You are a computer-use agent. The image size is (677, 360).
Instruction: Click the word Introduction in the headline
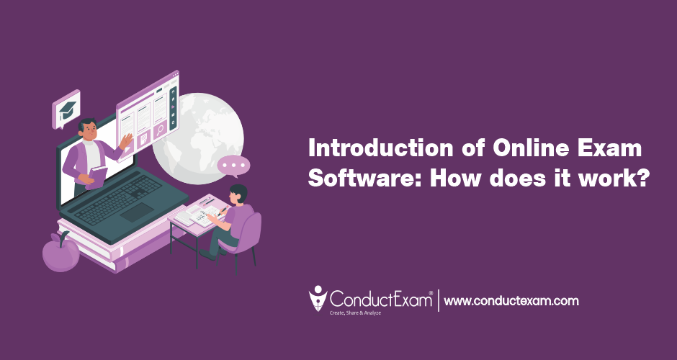(x=380, y=149)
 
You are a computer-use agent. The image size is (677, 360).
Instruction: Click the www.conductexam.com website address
(x=511, y=301)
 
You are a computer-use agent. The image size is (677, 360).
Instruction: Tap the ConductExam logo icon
(x=318, y=298)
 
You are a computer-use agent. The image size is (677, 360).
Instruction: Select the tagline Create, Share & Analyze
(x=355, y=312)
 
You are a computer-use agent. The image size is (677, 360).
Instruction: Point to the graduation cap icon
(x=67, y=110)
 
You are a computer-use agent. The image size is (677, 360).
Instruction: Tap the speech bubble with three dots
(x=233, y=166)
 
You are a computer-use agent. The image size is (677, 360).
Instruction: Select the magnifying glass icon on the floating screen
(x=160, y=129)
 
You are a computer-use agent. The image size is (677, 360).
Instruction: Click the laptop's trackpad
(x=137, y=212)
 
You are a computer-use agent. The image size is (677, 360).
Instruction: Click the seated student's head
(x=238, y=194)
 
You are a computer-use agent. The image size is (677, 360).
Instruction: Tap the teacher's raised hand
(x=126, y=141)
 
